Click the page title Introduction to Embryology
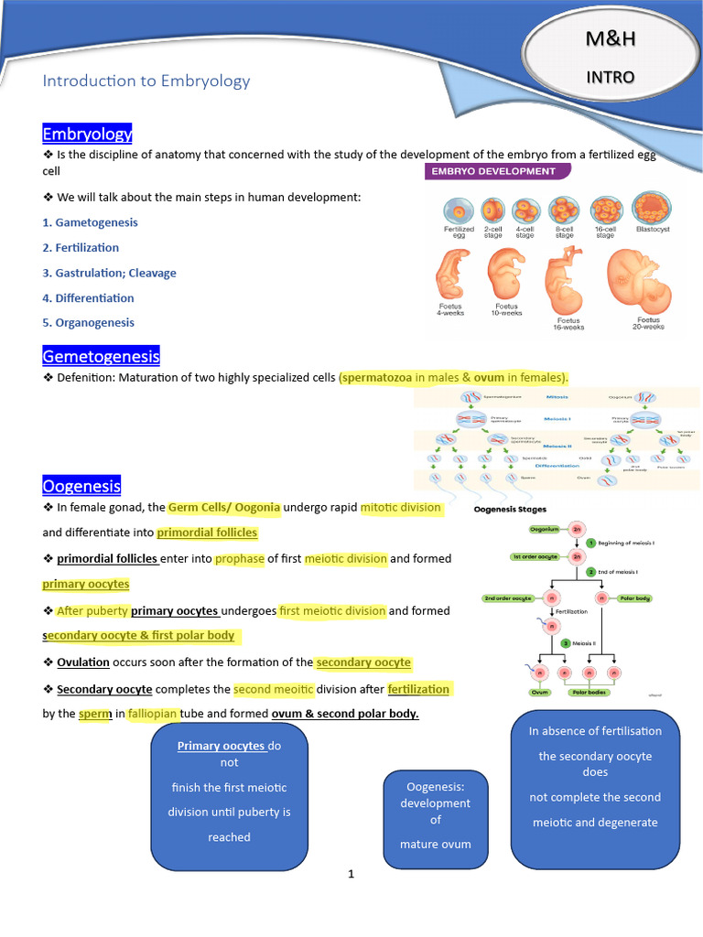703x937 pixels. click(146, 81)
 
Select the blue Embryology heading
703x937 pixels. click(87, 135)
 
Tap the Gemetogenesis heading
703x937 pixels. click(101, 356)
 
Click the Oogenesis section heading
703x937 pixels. click(81, 486)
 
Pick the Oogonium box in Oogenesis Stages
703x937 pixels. click(544, 529)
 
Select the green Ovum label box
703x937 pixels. click(539, 693)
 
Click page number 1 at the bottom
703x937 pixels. click(351, 874)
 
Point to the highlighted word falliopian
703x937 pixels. click(152, 714)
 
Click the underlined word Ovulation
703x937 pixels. click(82, 662)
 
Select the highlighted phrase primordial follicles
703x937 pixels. click(207, 533)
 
